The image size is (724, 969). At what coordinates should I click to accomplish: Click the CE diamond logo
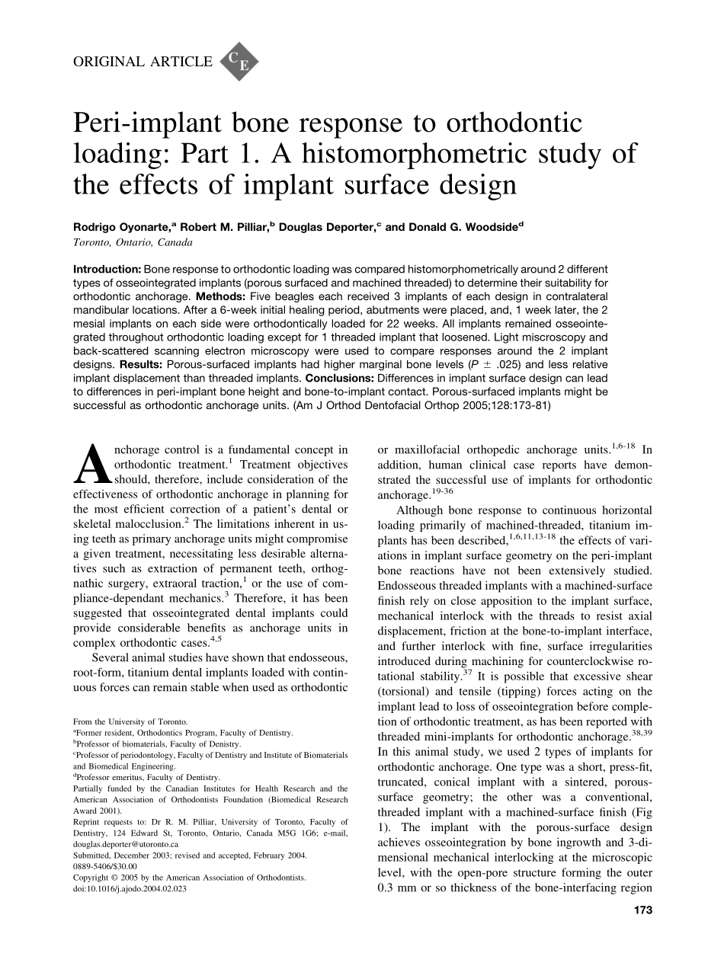tap(239, 62)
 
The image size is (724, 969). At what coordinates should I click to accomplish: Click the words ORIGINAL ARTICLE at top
tap(143, 62)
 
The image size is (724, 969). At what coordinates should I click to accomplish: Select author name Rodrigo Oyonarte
tap(125, 227)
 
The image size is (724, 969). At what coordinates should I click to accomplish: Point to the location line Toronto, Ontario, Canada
tap(133, 242)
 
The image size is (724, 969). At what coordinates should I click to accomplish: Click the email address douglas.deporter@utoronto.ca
tap(126, 845)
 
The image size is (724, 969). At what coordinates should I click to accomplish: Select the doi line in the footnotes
tap(130, 888)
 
